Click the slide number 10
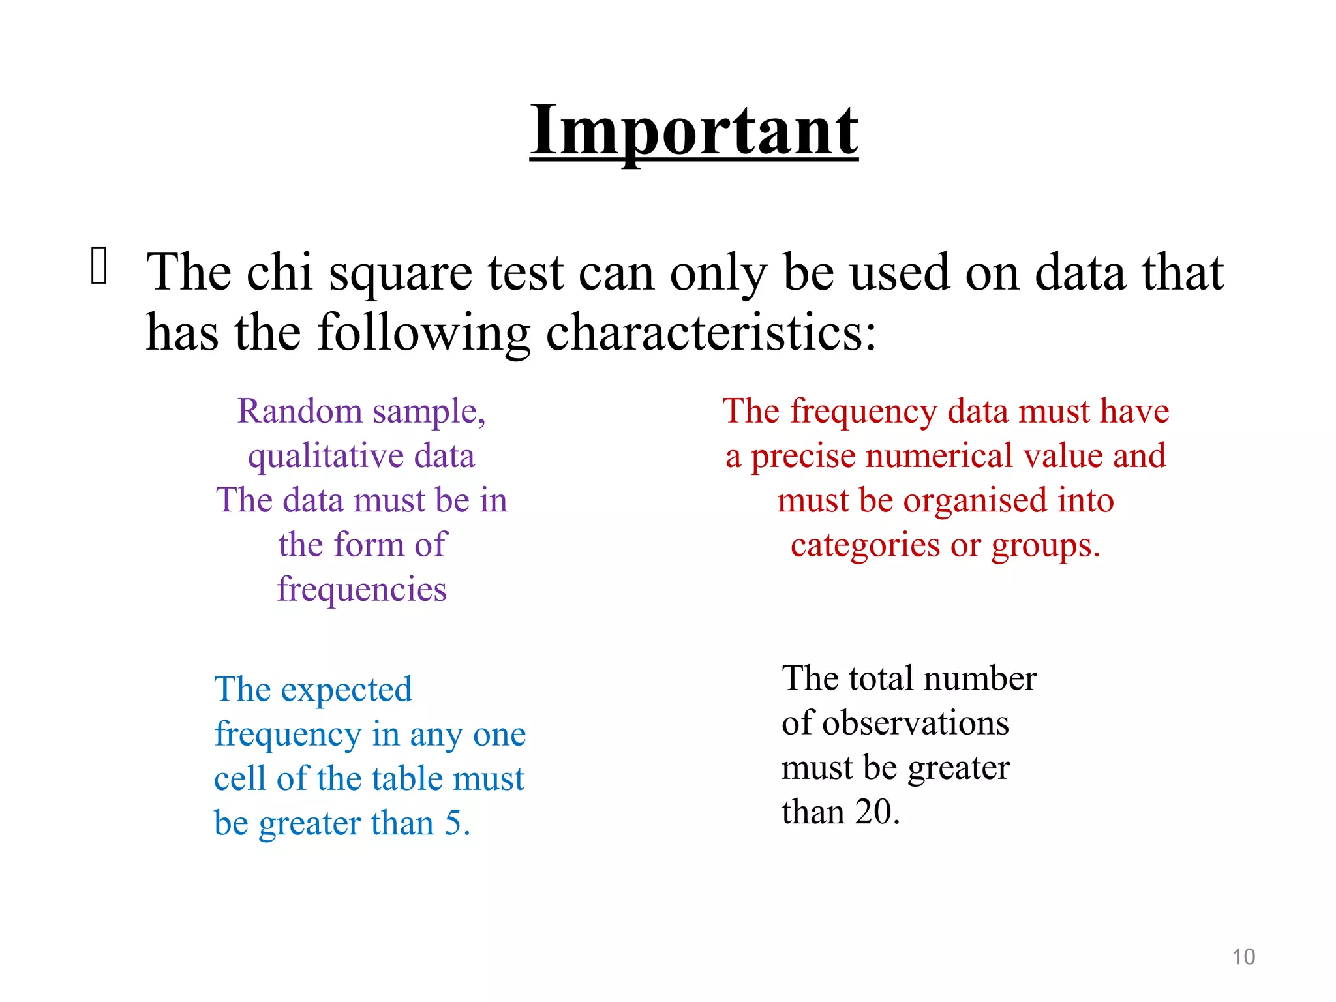(1243, 957)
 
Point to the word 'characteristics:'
(711, 332)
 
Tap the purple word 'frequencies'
(362, 589)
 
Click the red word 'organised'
(975, 500)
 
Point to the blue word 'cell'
(239, 778)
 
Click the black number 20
(873, 812)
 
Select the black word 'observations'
(915, 723)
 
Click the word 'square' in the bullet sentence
(401, 273)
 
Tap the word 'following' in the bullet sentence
(423, 333)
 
